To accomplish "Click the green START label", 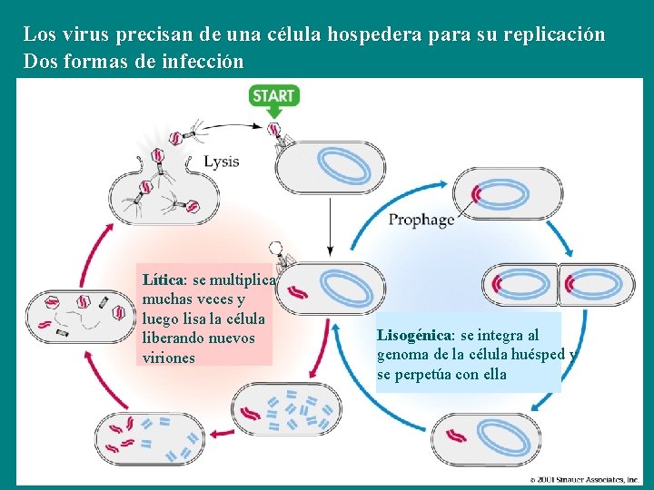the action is click(273, 94).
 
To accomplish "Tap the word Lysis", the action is click(221, 162).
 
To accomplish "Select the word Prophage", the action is click(421, 220).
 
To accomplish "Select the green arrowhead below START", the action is click(273, 113).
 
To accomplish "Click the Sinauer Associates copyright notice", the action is click(585, 479).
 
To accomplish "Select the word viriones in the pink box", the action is click(169, 358).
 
